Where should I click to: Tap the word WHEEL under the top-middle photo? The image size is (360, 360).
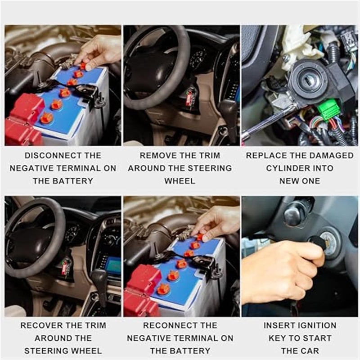[x=180, y=181]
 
